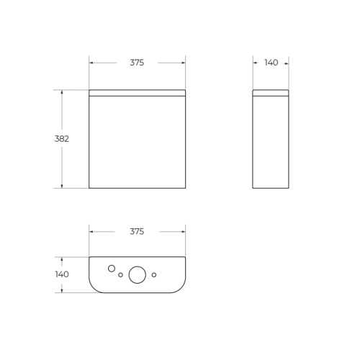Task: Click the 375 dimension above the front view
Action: coord(137,63)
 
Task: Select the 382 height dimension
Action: coord(62,139)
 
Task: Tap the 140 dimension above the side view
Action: coord(271,63)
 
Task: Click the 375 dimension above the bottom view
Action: coord(137,231)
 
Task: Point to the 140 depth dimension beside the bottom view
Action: coord(62,274)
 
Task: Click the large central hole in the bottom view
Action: coord(137,274)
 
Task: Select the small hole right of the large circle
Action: coord(154,274)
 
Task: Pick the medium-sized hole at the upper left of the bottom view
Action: coord(112,269)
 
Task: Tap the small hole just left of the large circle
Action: coord(120,274)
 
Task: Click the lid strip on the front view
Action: coord(137,93)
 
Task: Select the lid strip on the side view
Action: coord(271,93)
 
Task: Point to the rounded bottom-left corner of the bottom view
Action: coord(95,287)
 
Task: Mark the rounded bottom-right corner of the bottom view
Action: coord(179,287)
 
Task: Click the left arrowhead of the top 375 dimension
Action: coord(91,63)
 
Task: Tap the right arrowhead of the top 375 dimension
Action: coord(184,63)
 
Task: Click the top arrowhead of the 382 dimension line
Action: coord(62,91)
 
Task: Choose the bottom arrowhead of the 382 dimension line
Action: coord(62,186)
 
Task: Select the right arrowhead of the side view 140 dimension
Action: coord(287,63)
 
